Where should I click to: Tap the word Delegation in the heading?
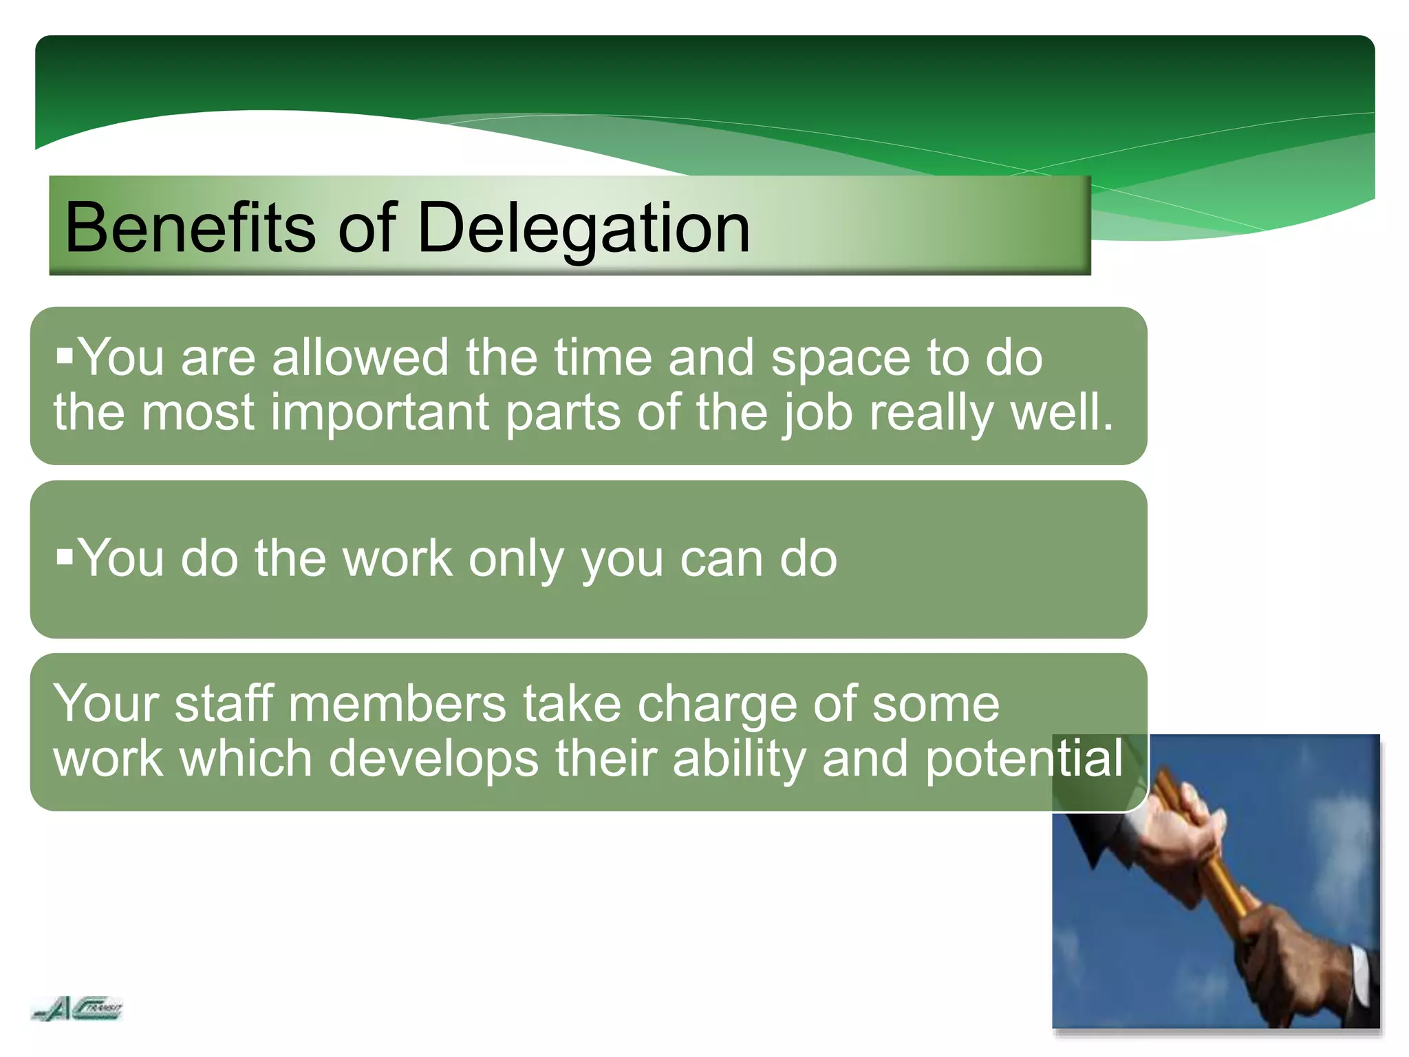pos(583,228)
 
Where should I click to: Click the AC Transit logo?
pos(77,1009)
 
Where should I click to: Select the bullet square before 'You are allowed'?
pos(65,356)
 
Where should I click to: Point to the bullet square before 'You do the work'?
pos(65,556)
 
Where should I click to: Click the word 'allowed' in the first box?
pos(360,358)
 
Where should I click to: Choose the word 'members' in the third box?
pos(397,705)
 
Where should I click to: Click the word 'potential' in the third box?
pos(1024,760)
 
